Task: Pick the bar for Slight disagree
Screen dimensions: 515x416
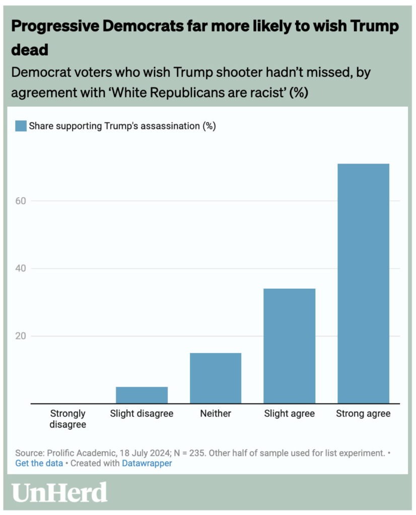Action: click(x=142, y=395)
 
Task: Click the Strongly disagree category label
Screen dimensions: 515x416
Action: click(x=68, y=419)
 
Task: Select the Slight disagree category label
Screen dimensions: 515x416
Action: click(x=142, y=413)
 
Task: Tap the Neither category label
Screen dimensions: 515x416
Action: click(x=216, y=413)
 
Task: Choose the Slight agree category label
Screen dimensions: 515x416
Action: click(x=290, y=413)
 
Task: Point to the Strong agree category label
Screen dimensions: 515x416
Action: click(x=363, y=413)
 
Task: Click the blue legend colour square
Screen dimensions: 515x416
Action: click(x=21, y=126)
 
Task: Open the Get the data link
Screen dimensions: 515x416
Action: click(x=39, y=463)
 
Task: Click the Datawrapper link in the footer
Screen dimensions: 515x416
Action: click(x=147, y=463)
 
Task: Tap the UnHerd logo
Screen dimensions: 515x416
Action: click(x=60, y=492)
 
